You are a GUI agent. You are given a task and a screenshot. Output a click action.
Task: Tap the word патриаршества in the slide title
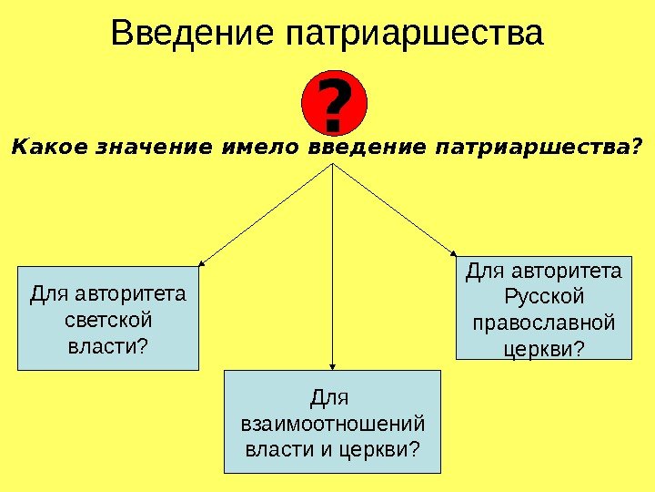[x=414, y=34]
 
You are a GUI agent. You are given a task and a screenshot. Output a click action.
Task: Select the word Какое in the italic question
[x=42, y=146]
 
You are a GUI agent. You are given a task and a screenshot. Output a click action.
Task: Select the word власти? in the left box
[x=108, y=347]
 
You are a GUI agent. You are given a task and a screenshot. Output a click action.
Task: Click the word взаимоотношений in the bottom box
[x=332, y=424]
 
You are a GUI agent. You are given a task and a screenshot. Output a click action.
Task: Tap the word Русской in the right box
[x=544, y=296]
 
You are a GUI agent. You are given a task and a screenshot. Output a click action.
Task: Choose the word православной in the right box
[x=544, y=323]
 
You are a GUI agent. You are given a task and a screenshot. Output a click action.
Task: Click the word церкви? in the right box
[x=544, y=349]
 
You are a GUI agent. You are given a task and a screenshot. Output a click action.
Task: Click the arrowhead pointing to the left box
[x=201, y=263]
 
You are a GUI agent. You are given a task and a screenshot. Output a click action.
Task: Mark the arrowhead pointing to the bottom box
[x=335, y=365]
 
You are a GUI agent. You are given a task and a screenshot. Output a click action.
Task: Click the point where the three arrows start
[x=335, y=165]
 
